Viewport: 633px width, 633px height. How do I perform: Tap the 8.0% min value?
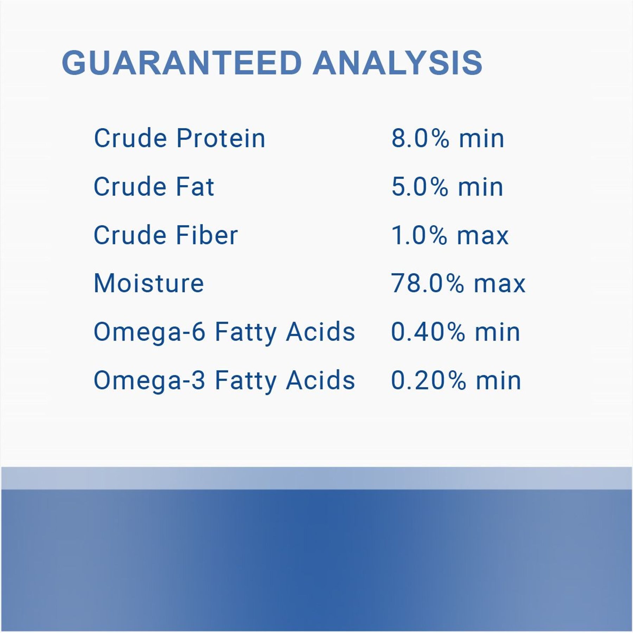[x=448, y=138]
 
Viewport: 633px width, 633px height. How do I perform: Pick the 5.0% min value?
[x=447, y=187]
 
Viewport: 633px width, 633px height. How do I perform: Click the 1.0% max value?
[x=450, y=235]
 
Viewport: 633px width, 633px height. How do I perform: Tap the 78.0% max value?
[x=458, y=283]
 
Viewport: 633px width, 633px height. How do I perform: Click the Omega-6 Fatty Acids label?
[x=224, y=332]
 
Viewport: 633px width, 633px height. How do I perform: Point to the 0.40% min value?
[x=455, y=332]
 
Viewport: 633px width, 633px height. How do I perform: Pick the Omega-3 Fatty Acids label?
[x=224, y=381]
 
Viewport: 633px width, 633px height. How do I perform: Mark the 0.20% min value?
[x=456, y=381]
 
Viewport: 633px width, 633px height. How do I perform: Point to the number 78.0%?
[x=427, y=283]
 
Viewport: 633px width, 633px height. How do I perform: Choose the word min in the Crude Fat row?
[x=480, y=187]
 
